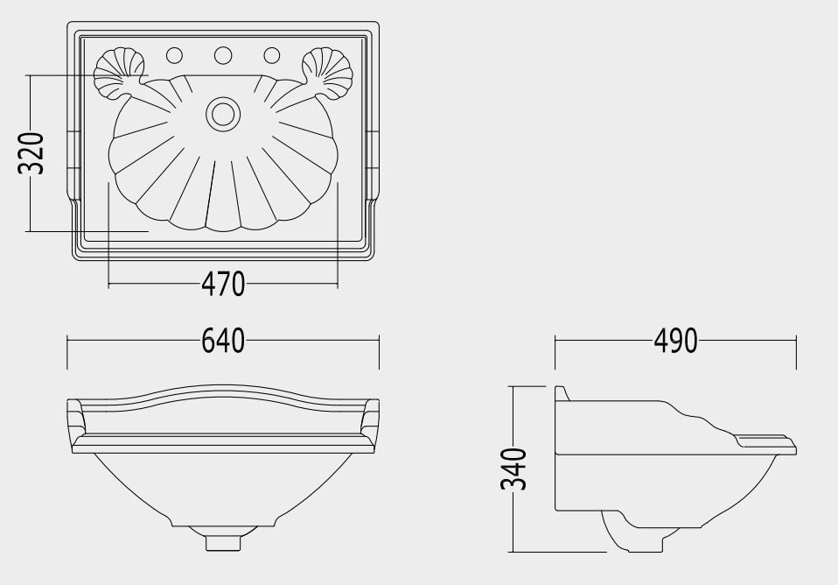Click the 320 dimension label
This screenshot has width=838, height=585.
point(31,153)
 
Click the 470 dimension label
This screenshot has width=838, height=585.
point(223,285)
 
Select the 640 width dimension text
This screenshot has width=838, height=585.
point(223,341)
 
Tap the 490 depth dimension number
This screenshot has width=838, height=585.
point(675,341)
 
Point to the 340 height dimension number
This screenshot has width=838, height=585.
point(513,469)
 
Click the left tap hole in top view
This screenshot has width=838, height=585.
point(174,55)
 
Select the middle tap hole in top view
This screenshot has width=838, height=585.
point(223,55)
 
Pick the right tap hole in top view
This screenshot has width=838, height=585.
point(272,55)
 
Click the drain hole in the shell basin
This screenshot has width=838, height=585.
point(223,114)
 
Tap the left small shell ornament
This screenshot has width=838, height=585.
point(119,74)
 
